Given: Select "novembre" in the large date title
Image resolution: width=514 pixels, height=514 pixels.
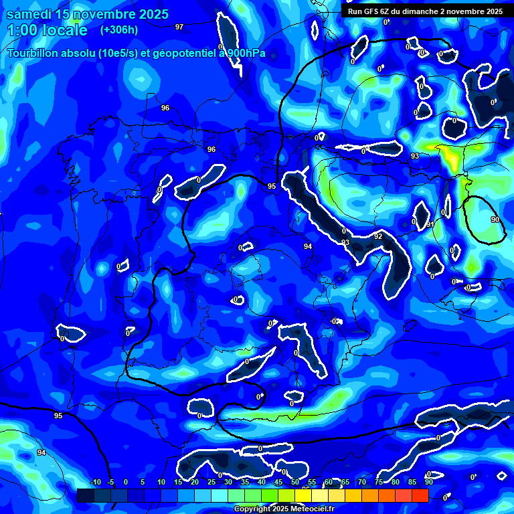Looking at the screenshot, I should tap(104, 14).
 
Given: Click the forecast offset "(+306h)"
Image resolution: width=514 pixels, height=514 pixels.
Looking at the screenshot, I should tap(118, 30).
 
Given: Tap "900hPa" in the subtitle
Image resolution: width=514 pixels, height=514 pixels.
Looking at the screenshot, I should tap(246, 53).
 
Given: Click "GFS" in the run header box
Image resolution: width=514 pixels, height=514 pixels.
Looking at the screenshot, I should tap(374, 11).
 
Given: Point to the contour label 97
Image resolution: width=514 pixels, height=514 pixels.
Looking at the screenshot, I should tap(179, 27).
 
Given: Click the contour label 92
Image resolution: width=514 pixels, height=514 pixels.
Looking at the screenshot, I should tap(378, 236).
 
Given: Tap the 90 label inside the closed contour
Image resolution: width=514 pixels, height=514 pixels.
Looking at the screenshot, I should tap(495, 220).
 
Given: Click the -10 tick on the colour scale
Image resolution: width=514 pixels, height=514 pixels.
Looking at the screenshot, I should tap(94, 482).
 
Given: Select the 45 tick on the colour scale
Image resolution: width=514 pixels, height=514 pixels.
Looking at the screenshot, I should tap(278, 482).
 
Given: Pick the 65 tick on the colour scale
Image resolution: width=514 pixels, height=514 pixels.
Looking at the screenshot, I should tap(345, 482).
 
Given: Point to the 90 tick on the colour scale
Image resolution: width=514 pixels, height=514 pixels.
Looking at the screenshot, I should tap(428, 482).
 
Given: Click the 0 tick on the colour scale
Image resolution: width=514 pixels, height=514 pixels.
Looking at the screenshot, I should tap(126, 482).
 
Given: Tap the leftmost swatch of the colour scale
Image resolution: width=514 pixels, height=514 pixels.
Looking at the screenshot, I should tap(85, 495).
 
